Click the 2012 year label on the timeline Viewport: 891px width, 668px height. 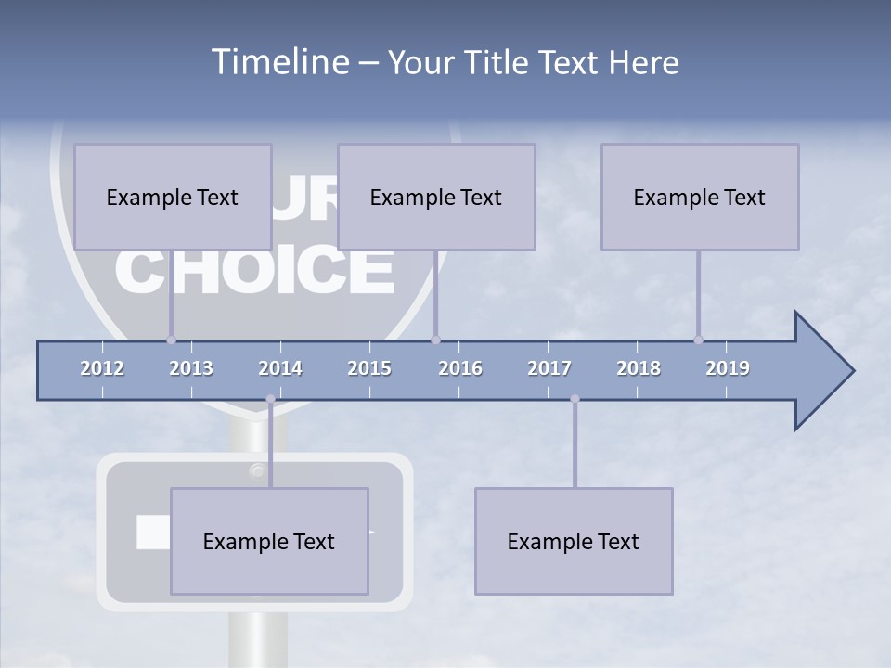point(102,368)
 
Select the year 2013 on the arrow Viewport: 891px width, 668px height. point(191,368)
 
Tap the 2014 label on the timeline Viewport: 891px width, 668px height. point(280,368)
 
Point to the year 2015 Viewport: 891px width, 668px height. point(369,368)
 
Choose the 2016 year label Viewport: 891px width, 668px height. point(460,368)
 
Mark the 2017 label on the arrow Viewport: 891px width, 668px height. point(549,368)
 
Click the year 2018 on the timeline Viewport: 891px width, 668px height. point(639,368)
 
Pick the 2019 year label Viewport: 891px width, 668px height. point(728,368)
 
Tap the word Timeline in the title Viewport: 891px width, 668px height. point(278,62)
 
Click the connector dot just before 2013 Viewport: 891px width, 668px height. point(171,340)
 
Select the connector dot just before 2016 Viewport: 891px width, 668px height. point(435,340)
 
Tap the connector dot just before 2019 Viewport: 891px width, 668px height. point(699,340)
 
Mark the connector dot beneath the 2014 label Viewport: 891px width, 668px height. point(270,399)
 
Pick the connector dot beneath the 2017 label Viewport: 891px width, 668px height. point(575,399)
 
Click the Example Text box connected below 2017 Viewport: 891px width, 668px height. point(574,541)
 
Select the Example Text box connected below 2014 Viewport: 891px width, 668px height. point(269,541)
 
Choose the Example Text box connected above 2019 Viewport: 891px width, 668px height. point(700,197)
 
